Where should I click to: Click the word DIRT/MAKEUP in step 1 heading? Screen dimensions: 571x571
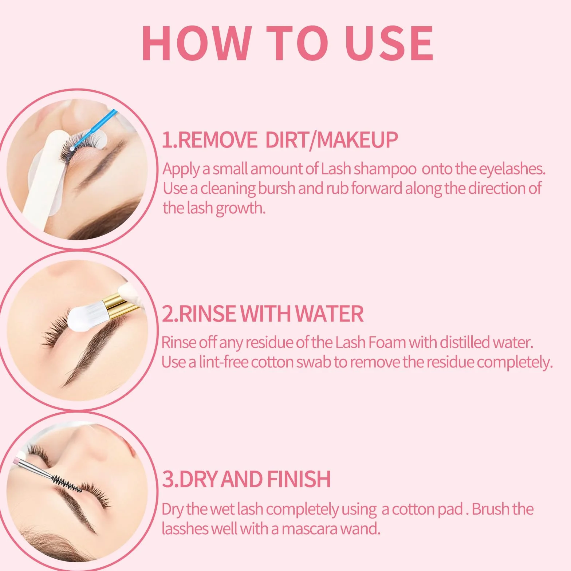pyautogui.click(x=331, y=140)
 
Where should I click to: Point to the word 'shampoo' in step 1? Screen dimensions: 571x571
pyautogui.click(x=385, y=169)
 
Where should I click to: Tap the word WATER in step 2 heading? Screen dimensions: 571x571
pyautogui.click(x=330, y=314)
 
